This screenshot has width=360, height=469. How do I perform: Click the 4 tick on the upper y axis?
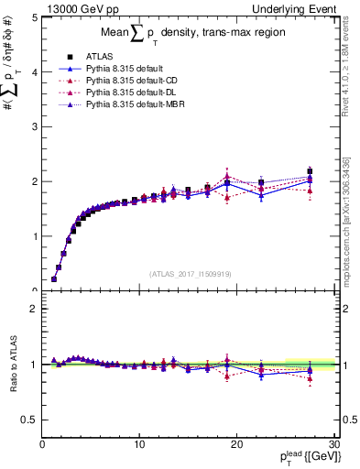[35, 71]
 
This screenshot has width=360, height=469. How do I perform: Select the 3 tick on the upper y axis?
[35, 126]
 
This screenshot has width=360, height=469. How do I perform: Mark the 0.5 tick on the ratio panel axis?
[30, 420]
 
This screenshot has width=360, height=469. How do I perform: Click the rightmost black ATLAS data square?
[310, 171]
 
